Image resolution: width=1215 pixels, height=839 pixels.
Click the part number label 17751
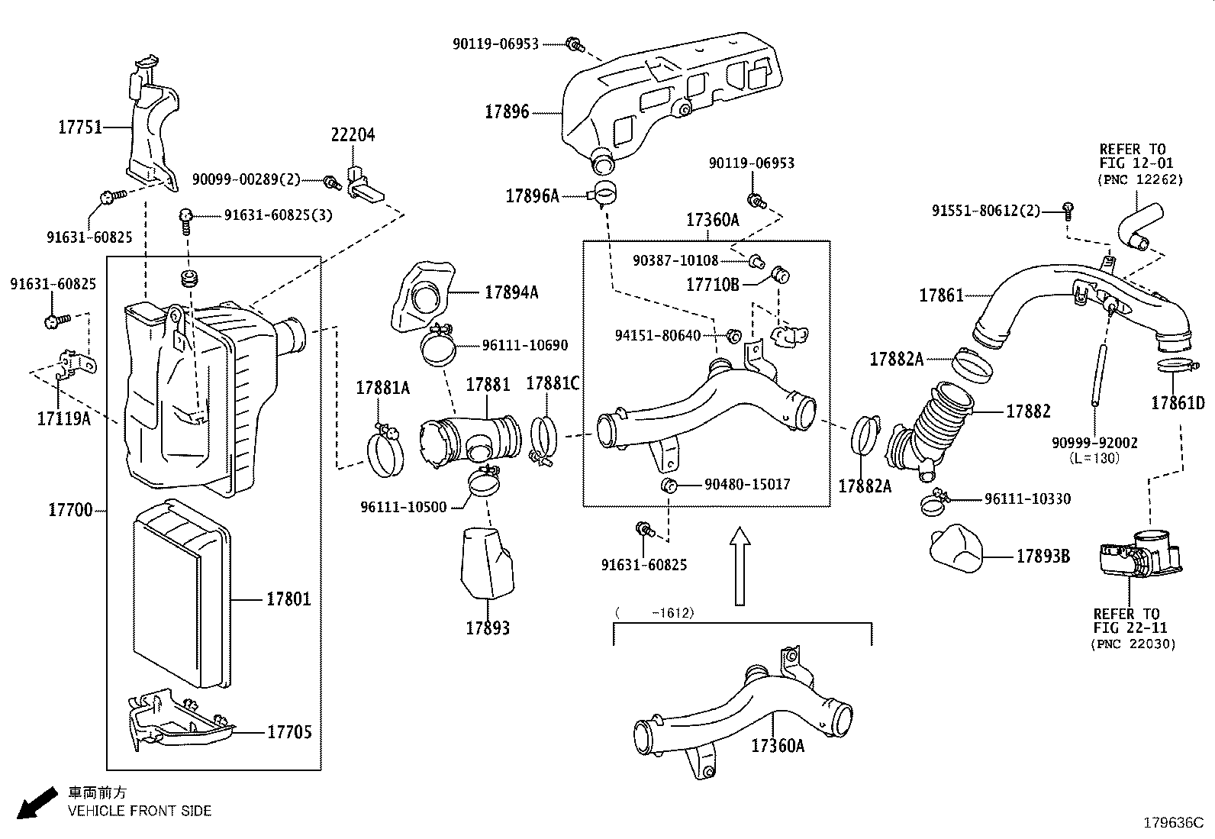click(x=79, y=127)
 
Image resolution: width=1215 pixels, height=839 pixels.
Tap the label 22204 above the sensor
click(x=352, y=135)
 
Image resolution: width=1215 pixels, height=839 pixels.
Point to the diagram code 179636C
click(x=1171, y=823)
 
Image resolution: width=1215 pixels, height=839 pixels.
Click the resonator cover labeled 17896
click(x=664, y=92)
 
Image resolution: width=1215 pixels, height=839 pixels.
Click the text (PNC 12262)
click(x=1140, y=180)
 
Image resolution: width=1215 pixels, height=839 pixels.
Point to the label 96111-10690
click(x=524, y=346)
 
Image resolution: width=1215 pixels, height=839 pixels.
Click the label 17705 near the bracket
click(x=289, y=732)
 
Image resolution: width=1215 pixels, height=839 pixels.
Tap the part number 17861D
click(x=1178, y=402)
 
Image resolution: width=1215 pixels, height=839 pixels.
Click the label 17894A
click(x=511, y=292)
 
